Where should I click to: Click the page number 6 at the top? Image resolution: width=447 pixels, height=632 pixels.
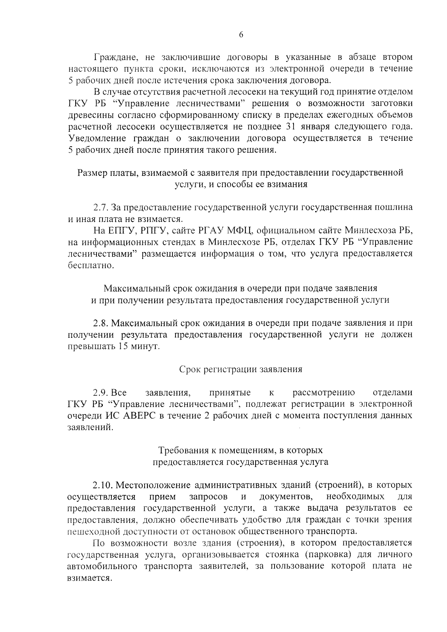(241, 35)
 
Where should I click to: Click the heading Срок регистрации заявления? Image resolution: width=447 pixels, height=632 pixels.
(241, 369)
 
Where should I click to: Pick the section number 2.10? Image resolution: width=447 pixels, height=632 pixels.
(102, 485)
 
